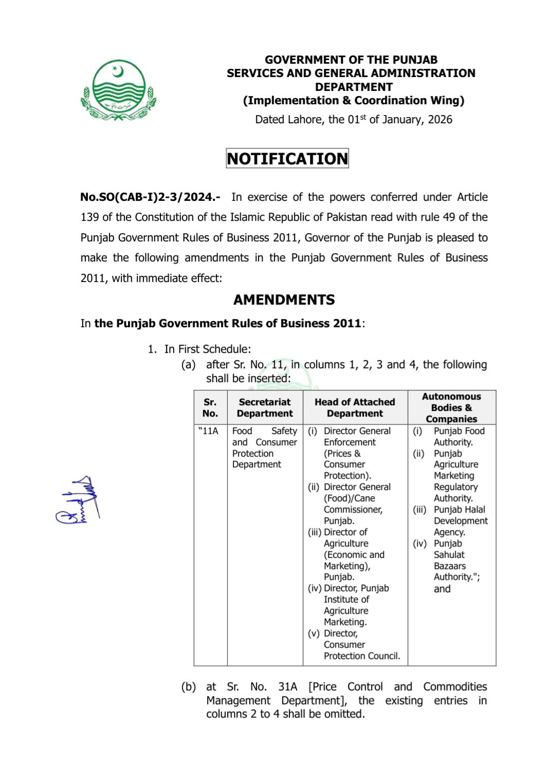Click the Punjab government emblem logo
coord(119,90)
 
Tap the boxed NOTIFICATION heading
coord(287,159)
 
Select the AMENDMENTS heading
coord(284,300)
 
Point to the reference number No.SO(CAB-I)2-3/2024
coord(150,197)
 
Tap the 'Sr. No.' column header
coord(210,408)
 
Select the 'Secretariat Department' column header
coord(265,408)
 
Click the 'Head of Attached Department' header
coord(355,408)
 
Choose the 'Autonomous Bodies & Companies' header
coord(451,408)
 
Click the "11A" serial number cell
coord(209,431)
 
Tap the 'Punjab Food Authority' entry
coord(459,437)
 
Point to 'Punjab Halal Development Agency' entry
coord(460,521)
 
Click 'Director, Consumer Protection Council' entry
coord(361,645)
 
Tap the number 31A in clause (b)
coord(288,687)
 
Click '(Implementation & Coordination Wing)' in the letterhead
coord(354,101)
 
